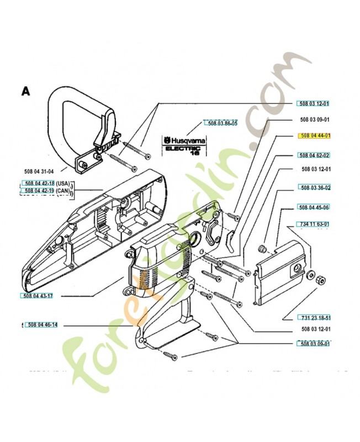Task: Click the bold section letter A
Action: tap(25, 91)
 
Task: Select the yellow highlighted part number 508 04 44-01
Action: tap(314, 135)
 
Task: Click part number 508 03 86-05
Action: tap(221, 123)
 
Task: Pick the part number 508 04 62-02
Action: tap(314, 155)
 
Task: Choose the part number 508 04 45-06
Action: tap(314, 207)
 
